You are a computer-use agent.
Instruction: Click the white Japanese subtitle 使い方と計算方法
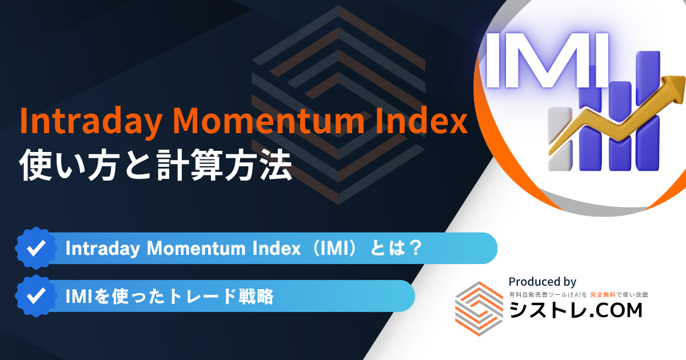coord(155,165)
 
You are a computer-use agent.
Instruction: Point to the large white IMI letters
coord(547,61)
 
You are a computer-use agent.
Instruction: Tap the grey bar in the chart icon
coord(560,139)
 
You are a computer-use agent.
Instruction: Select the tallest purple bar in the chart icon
coord(648,110)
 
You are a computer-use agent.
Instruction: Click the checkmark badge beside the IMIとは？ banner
coord(36,248)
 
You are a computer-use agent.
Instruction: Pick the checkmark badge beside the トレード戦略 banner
coord(36,296)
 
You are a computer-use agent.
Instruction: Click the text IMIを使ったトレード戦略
coord(169,297)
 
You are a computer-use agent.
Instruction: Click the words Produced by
coord(543,282)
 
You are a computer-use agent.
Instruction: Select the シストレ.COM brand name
coord(576,310)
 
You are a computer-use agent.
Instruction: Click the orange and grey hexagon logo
coord(479,309)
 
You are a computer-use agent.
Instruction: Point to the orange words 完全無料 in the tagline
coord(603,295)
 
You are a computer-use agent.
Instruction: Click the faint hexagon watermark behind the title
coord(338,105)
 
